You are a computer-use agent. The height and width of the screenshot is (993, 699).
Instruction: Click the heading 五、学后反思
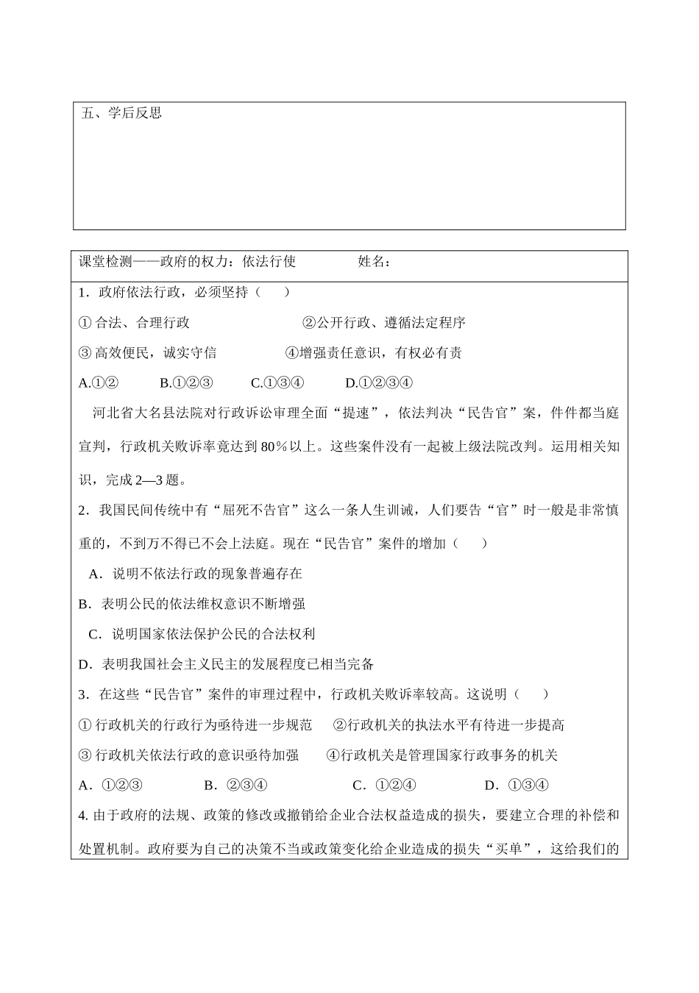click(121, 113)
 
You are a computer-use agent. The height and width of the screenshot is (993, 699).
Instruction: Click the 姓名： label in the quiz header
click(375, 262)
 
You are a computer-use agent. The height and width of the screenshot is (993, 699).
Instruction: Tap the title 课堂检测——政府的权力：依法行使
click(187, 262)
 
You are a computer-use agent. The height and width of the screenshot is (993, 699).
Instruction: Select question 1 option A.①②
click(99, 382)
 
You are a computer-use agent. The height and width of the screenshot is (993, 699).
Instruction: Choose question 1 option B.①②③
click(186, 382)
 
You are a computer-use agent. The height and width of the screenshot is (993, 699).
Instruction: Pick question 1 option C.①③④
click(277, 382)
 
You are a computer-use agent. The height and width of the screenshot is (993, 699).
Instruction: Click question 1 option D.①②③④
click(378, 382)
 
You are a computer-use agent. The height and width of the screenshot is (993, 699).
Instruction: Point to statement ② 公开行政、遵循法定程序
click(383, 322)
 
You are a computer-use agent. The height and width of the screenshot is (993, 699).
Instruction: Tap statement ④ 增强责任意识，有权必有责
click(373, 352)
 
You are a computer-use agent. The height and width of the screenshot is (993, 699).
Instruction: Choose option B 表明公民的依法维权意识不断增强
click(192, 603)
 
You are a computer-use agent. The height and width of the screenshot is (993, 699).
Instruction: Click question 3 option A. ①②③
click(110, 785)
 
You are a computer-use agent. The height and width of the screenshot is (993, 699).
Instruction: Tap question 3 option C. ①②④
click(385, 785)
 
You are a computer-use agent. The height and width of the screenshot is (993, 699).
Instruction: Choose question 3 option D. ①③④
click(517, 785)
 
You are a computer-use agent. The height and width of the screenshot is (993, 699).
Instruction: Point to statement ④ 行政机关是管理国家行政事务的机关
click(441, 755)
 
